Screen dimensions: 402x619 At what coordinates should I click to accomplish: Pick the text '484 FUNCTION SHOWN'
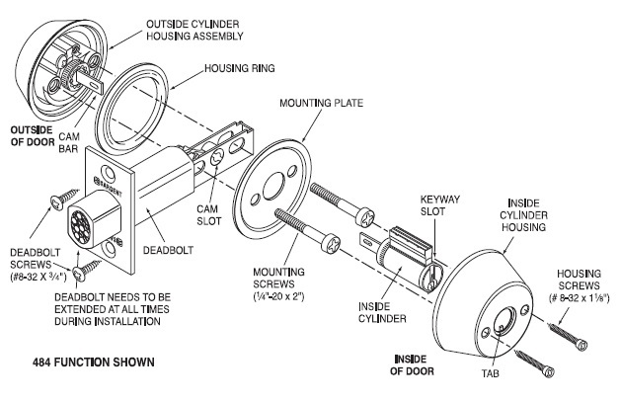87,362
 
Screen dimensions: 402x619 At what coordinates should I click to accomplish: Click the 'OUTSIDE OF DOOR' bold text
36,135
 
